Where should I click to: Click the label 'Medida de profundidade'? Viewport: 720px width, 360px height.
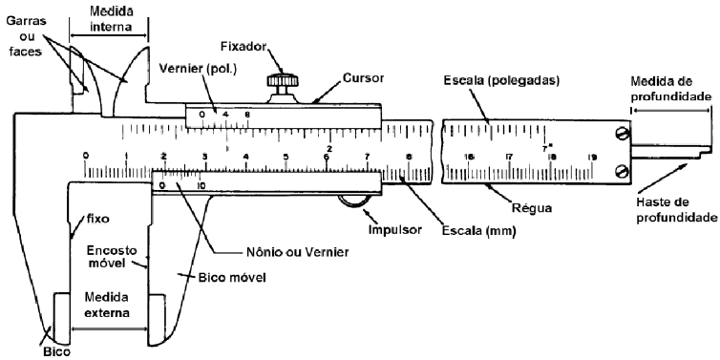point(673,90)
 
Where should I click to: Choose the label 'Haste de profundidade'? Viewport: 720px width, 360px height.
point(673,209)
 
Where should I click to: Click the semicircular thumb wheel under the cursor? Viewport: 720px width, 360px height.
point(354,200)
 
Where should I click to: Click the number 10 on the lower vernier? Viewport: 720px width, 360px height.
point(201,186)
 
